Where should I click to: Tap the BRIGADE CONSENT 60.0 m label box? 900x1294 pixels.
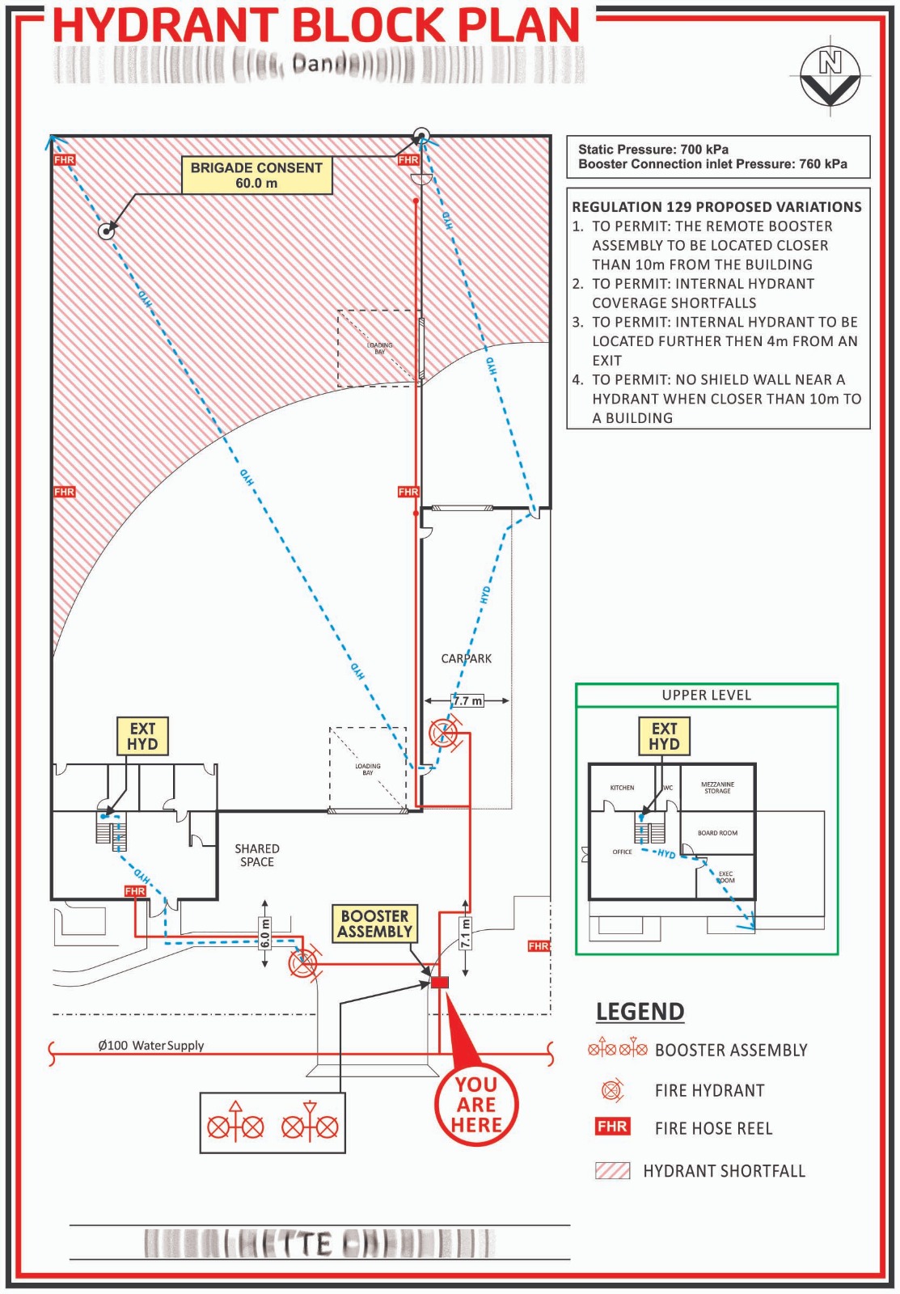[x=256, y=175]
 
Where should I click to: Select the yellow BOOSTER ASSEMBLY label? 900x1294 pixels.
[x=374, y=924]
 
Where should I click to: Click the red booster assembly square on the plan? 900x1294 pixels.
[x=439, y=983]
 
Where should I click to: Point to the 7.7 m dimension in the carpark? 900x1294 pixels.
[x=467, y=700]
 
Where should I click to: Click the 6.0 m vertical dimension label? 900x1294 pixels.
[x=264, y=933]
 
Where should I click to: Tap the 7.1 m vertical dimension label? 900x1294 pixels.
[x=465, y=933]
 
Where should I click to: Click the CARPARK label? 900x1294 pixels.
[x=466, y=658]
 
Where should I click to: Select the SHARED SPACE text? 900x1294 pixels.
[x=257, y=855]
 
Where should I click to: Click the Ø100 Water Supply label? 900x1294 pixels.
[x=151, y=1045]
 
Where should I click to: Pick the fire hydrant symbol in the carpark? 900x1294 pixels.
[x=443, y=734]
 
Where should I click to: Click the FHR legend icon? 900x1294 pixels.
[x=612, y=1127]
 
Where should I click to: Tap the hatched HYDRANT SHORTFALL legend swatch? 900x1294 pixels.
[x=612, y=1170]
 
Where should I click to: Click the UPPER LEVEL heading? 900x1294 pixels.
[x=706, y=696]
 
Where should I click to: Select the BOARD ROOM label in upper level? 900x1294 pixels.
[x=717, y=833]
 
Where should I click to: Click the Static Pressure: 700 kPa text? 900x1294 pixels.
[x=653, y=150]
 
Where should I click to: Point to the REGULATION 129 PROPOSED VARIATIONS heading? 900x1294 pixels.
[x=716, y=207]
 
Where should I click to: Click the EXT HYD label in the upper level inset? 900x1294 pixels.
[x=664, y=736]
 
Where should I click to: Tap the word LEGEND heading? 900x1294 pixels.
[x=640, y=1012]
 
